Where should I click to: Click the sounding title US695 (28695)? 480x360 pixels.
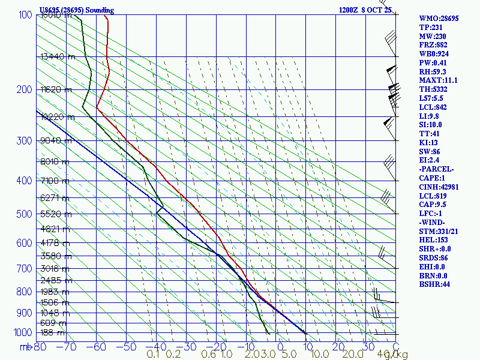pos(76,10)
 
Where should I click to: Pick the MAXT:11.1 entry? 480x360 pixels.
pos(439,80)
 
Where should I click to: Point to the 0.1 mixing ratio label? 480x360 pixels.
pos(152,355)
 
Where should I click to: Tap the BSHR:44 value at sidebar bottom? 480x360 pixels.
pos(433,284)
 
